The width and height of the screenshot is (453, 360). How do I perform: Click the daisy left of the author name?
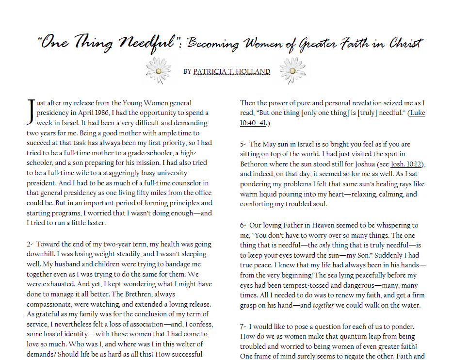click(x=158, y=70)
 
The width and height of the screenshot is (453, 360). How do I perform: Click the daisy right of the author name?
click(x=292, y=70)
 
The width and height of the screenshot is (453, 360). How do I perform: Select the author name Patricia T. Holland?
click(x=232, y=72)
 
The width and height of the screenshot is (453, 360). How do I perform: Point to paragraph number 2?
click(x=30, y=244)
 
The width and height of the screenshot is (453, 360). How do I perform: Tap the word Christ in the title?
click(x=405, y=44)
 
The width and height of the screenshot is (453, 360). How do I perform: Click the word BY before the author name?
click(x=187, y=72)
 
